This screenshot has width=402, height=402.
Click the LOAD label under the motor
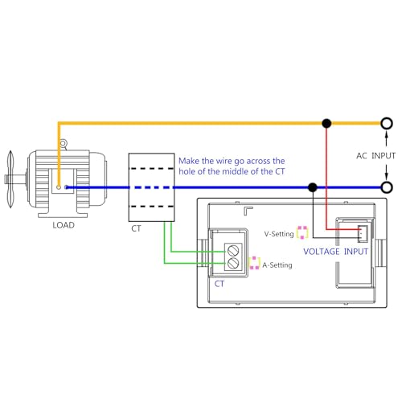coord(64,225)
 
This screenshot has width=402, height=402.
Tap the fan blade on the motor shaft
coord(10,179)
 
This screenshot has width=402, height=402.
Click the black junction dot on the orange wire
coord(326,124)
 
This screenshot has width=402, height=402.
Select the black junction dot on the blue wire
coord(313,187)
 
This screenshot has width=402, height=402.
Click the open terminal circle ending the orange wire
coord(387,124)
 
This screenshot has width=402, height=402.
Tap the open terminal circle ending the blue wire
coord(387,187)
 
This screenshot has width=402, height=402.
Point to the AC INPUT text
coord(375,156)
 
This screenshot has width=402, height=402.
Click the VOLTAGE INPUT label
coord(335,252)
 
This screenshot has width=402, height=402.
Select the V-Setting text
coord(279,234)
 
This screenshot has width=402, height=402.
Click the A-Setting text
coord(277,265)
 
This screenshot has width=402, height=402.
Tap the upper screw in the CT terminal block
coord(233,251)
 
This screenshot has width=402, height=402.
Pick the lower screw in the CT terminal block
coord(233,264)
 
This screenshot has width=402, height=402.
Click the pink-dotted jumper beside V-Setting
coord(302,232)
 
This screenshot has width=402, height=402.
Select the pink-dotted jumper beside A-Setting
coord(254,263)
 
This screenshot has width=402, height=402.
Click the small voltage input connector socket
coord(363,234)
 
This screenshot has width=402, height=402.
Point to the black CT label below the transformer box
coord(136,228)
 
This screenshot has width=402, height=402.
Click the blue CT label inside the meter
coord(219,284)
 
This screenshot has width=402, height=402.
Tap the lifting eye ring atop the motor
coord(63,143)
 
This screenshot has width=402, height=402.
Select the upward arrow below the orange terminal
coord(387,138)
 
